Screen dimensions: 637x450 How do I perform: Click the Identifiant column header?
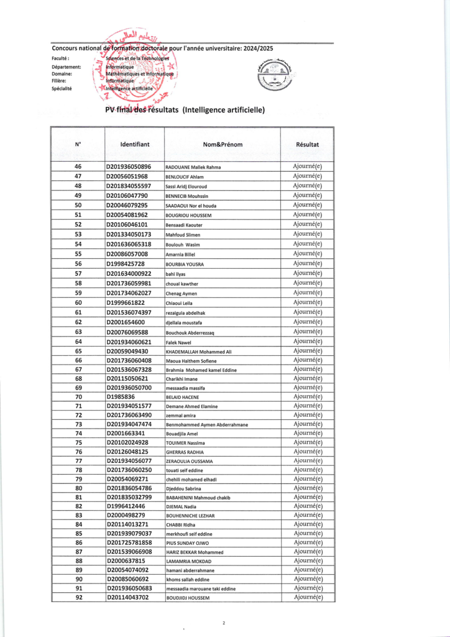pos(134,144)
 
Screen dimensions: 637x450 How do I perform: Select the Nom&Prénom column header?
pos(222,144)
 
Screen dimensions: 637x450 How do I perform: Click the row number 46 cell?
pos(78,167)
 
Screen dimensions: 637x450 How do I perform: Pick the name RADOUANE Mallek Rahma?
pos(193,167)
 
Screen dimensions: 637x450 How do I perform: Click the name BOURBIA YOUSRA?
pos(185,264)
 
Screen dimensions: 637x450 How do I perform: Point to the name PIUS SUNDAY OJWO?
pos(188,543)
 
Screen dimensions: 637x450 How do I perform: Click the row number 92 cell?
pos(78,597)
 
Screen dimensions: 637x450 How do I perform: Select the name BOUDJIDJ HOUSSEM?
pos(188,598)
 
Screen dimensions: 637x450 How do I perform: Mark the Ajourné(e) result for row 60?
pos(308,302)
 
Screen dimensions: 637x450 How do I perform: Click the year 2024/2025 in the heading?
pos(310,48)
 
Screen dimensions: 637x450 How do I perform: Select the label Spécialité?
pos(62,88)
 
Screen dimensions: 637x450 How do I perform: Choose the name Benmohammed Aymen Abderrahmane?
pos(206,425)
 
